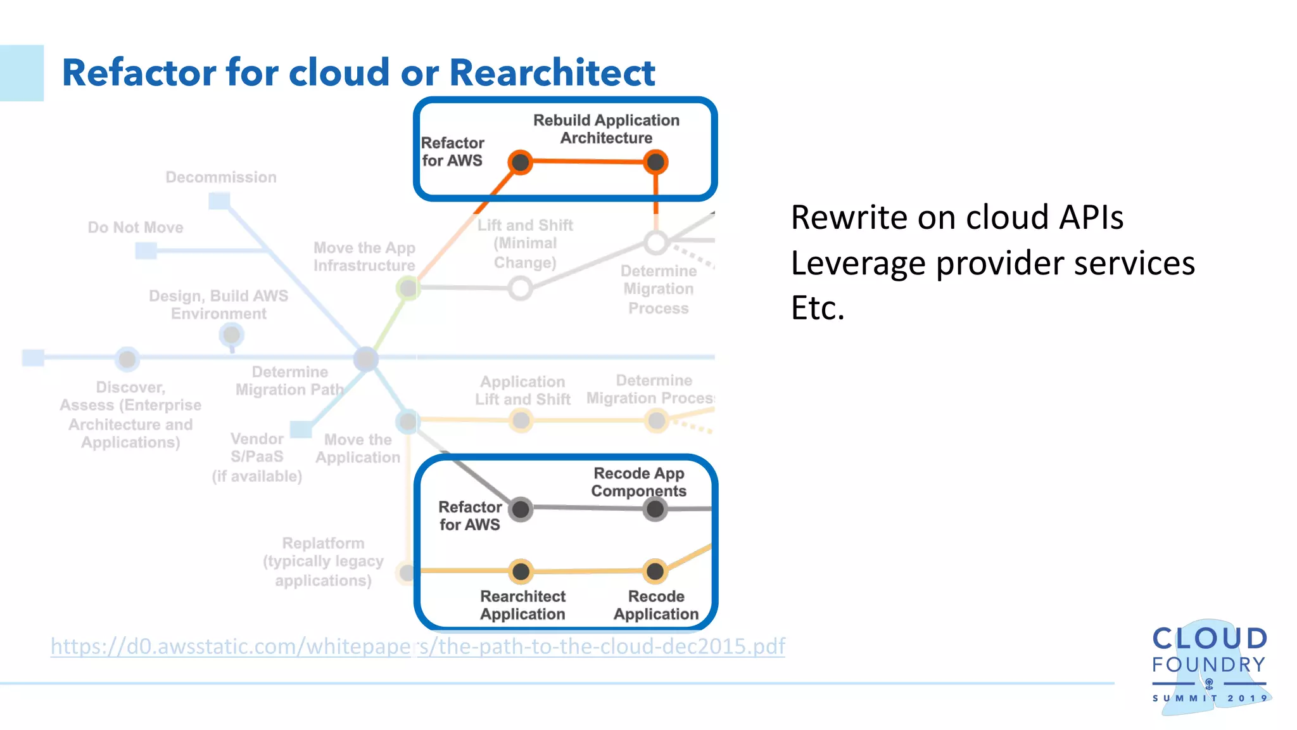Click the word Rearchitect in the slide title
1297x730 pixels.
tap(552, 72)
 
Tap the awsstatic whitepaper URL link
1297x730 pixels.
tap(417, 646)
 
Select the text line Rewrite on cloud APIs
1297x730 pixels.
tap(957, 217)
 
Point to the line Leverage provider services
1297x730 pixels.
tap(992, 263)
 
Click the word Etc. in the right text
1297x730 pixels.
tap(818, 309)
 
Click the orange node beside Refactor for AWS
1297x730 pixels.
tap(521, 162)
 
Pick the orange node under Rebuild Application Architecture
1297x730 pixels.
tap(655, 162)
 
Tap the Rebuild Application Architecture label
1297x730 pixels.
tap(606, 129)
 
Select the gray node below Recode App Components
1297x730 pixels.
tap(655, 508)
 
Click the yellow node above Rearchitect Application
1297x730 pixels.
tap(521, 572)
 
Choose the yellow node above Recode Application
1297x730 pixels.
tap(655, 572)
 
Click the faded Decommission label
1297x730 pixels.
tap(221, 177)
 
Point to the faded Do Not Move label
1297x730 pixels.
tap(136, 227)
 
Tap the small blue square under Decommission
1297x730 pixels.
tap(219, 202)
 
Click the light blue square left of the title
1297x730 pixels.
tap(22, 73)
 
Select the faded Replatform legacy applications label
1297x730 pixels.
tap(323, 561)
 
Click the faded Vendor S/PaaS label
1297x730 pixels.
tap(256, 456)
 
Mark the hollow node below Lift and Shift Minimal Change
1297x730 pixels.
tap(520, 288)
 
